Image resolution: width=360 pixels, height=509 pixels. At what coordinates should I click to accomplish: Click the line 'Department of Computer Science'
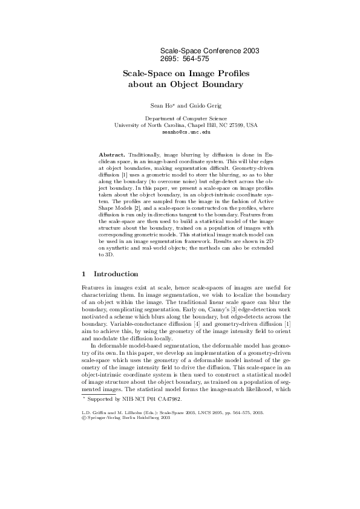pyautogui.click(x=186, y=118)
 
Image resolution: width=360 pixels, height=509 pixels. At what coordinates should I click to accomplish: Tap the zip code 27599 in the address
pyautogui.click(x=233, y=125)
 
